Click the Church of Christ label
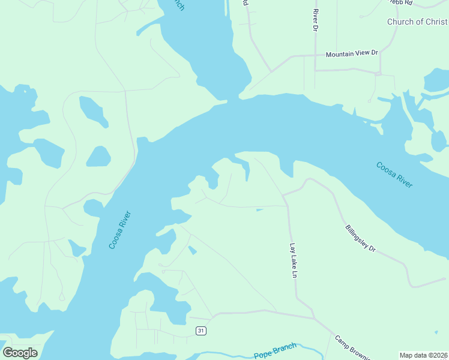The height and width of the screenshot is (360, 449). coord(417,22)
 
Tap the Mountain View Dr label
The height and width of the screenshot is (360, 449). coord(352,54)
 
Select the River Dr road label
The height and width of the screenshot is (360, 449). coord(315,20)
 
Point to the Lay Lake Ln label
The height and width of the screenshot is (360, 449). coord(294,260)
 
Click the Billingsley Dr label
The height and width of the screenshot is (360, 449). coord(360,238)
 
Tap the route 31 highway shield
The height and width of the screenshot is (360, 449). coord(201,331)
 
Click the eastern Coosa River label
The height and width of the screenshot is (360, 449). coord(394,175)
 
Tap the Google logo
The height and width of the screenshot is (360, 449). coord(20,353)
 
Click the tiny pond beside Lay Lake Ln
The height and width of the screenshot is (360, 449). coord(259,210)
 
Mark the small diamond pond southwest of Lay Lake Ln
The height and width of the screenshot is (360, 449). coord(192,250)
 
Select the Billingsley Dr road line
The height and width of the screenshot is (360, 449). coord(390,258)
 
